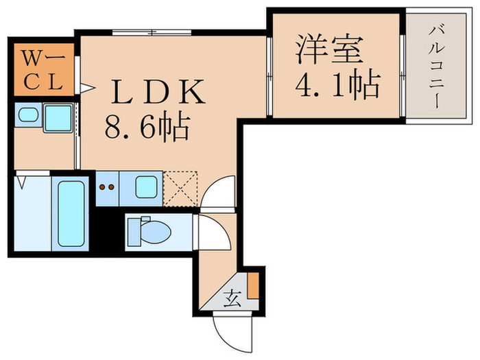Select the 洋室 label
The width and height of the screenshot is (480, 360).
[328, 50]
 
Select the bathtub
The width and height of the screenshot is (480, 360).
[71, 213]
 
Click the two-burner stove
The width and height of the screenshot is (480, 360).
[106, 187]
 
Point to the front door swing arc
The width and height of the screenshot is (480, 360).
[226, 326]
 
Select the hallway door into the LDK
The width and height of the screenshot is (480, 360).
[219, 193]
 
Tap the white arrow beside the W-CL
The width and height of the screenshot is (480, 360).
[86, 87]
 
